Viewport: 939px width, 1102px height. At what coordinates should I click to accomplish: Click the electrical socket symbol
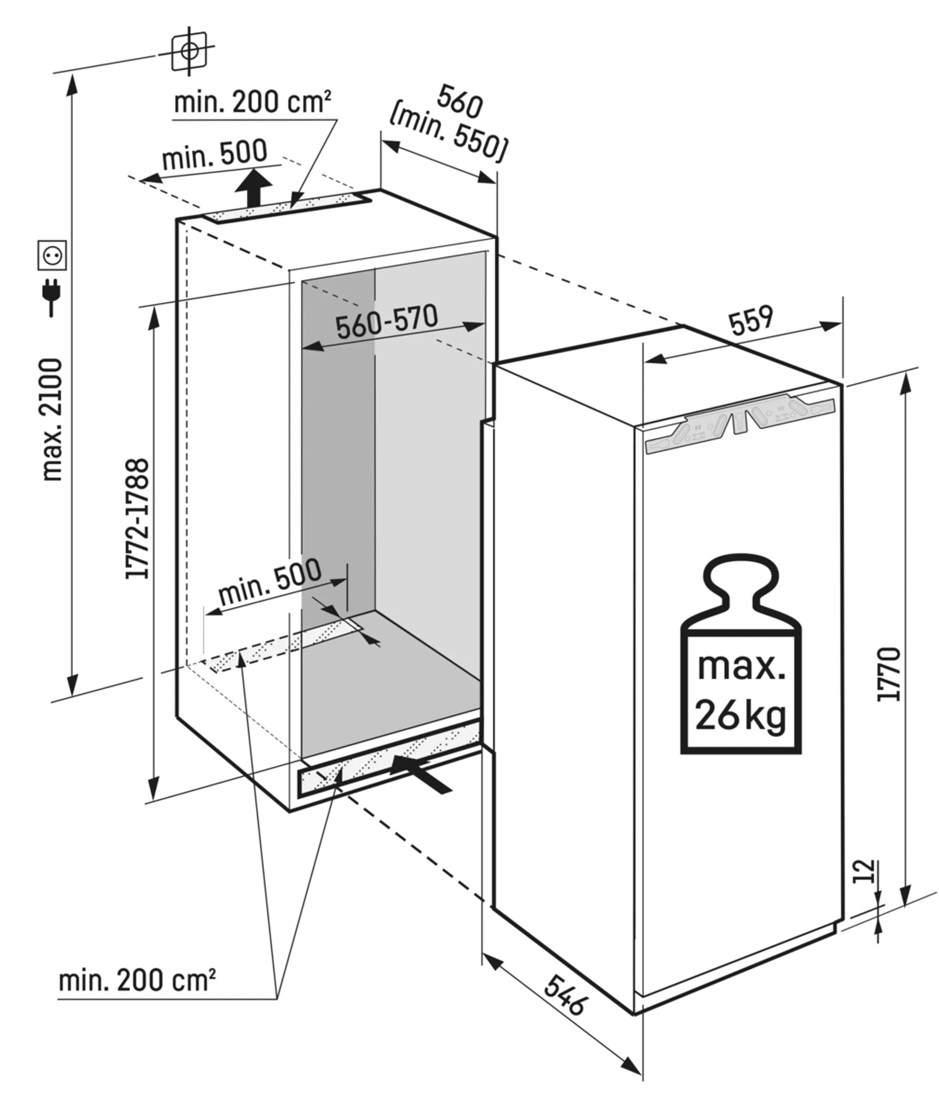52,255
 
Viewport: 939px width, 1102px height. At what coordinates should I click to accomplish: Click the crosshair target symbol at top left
189,51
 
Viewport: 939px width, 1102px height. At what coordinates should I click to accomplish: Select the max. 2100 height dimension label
53,420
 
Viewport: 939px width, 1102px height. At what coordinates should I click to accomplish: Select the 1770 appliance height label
889,674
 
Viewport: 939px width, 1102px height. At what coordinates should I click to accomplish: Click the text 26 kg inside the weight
740,715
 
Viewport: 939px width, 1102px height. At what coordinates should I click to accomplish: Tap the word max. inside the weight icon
741,667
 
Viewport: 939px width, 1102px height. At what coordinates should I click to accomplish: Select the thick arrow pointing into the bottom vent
420,776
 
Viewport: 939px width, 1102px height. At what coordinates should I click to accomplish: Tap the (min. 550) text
448,134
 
